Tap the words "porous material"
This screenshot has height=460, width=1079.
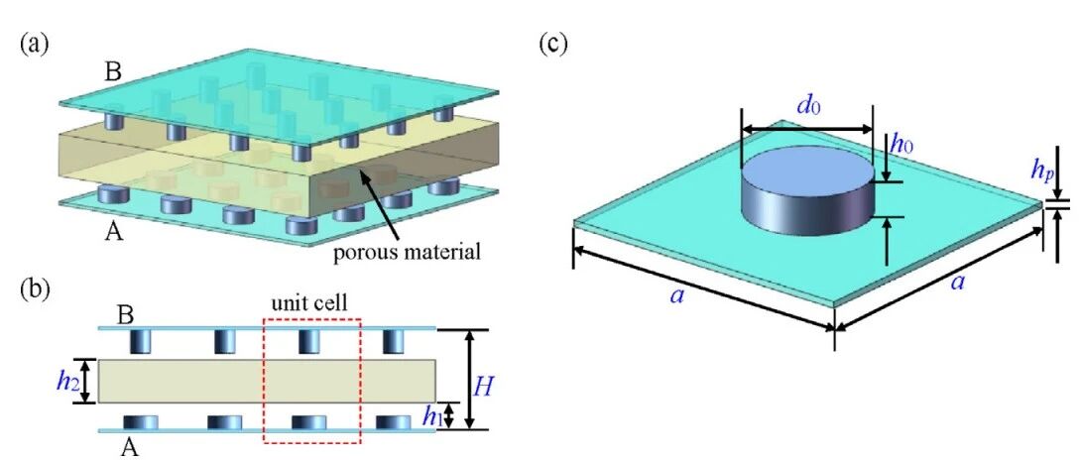click(406, 253)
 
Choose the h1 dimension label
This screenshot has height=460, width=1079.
click(431, 416)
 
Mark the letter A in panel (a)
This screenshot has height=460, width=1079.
click(114, 233)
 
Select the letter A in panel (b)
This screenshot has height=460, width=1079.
click(129, 447)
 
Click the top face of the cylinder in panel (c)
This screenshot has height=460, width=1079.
click(807, 168)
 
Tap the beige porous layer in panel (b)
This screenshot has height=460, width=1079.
click(267, 381)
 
